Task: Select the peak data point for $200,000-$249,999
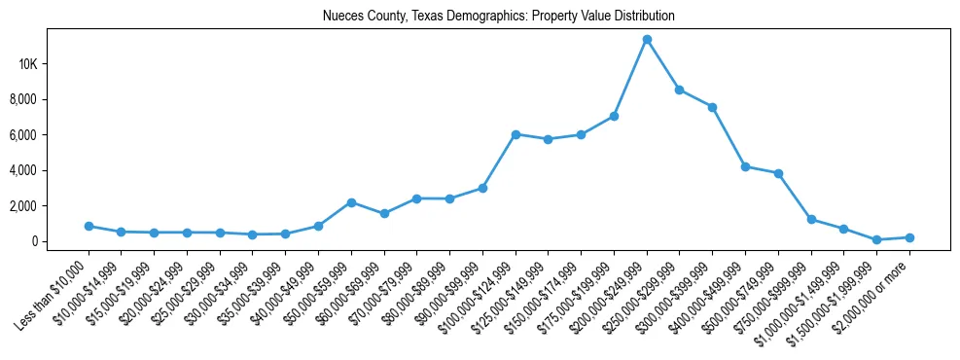click(647, 40)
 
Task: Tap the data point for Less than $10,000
click(89, 226)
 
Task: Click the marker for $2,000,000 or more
click(909, 237)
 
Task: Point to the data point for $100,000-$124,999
click(516, 134)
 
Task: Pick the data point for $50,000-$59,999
click(351, 202)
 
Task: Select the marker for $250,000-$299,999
click(679, 90)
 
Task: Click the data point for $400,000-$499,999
click(745, 166)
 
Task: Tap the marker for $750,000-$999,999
click(811, 220)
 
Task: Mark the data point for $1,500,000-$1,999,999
click(876, 239)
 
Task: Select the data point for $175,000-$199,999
click(614, 116)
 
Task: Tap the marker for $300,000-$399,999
click(712, 107)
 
